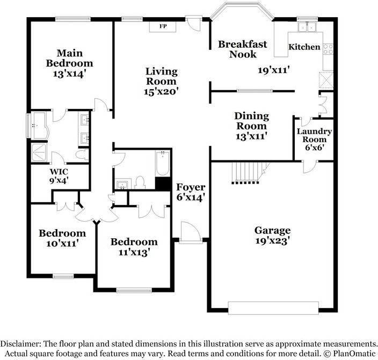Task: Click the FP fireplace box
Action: (x=163, y=26)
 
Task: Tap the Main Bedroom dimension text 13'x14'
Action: (x=69, y=74)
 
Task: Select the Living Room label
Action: (x=161, y=76)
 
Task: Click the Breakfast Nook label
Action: (x=243, y=49)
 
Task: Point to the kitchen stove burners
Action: (x=328, y=49)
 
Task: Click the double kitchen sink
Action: (x=307, y=27)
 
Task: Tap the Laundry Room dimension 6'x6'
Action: (x=314, y=148)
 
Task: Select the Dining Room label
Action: (x=251, y=121)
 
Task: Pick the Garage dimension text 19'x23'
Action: (x=272, y=241)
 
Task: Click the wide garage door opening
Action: (x=273, y=308)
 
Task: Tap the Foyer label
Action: (x=191, y=187)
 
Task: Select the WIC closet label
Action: (x=59, y=172)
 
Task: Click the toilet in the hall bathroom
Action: (x=140, y=182)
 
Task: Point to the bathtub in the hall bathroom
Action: (x=162, y=164)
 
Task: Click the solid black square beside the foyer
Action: (x=163, y=183)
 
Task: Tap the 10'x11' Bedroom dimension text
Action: (x=62, y=244)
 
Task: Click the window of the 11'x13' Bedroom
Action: (x=134, y=290)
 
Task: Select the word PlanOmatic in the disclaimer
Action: (x=353, y=354)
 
